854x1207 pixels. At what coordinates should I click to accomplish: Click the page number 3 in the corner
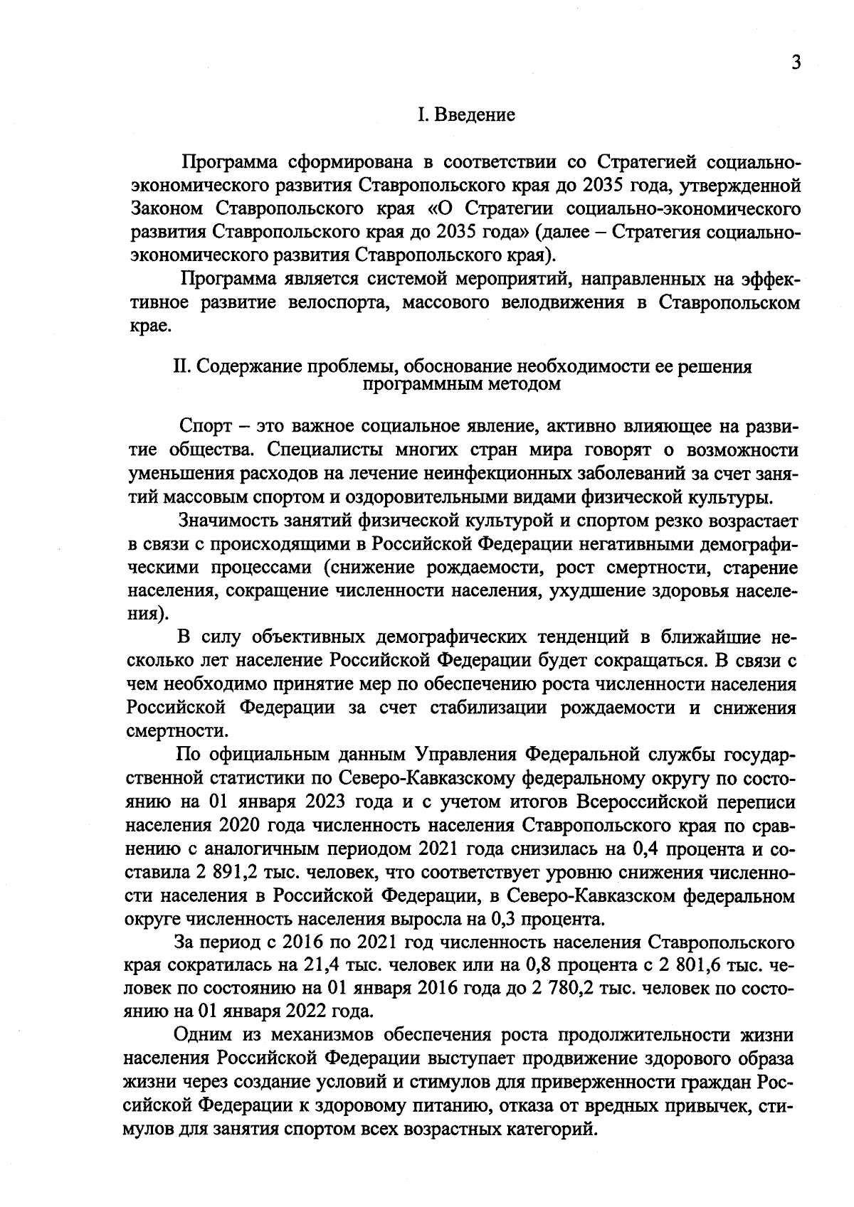point(796,63)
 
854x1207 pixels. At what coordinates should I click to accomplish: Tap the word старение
point(757,568)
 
